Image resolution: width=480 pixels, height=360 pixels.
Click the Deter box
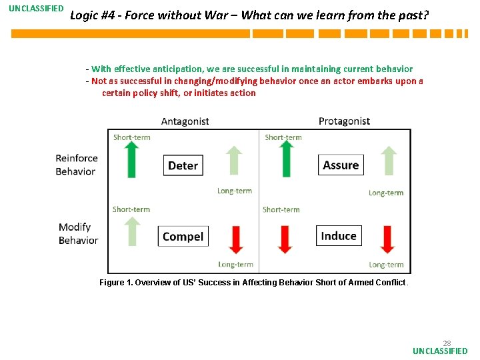click(183, 165)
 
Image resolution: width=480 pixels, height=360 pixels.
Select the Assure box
click(341, 165)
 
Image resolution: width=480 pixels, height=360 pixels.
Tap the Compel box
click(183, 236)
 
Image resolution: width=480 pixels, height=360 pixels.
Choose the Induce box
click(339, 235)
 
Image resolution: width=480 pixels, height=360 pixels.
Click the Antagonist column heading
click(185, 121)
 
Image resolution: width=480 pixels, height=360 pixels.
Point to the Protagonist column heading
click(344, 121)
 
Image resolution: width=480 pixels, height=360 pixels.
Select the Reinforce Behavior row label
click(76, 165)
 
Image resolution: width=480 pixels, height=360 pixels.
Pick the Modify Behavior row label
click(78, 234)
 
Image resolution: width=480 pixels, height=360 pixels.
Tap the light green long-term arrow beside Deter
click(233, 161)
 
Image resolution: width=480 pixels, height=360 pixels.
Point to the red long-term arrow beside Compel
click(235, 239)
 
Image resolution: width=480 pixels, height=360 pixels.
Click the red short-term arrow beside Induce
click(285, 239)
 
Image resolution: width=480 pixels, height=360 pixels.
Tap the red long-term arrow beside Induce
click(387, 239)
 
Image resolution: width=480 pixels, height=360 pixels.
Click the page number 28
click(447, 343)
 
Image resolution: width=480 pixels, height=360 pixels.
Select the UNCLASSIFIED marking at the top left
click(36, 9)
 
